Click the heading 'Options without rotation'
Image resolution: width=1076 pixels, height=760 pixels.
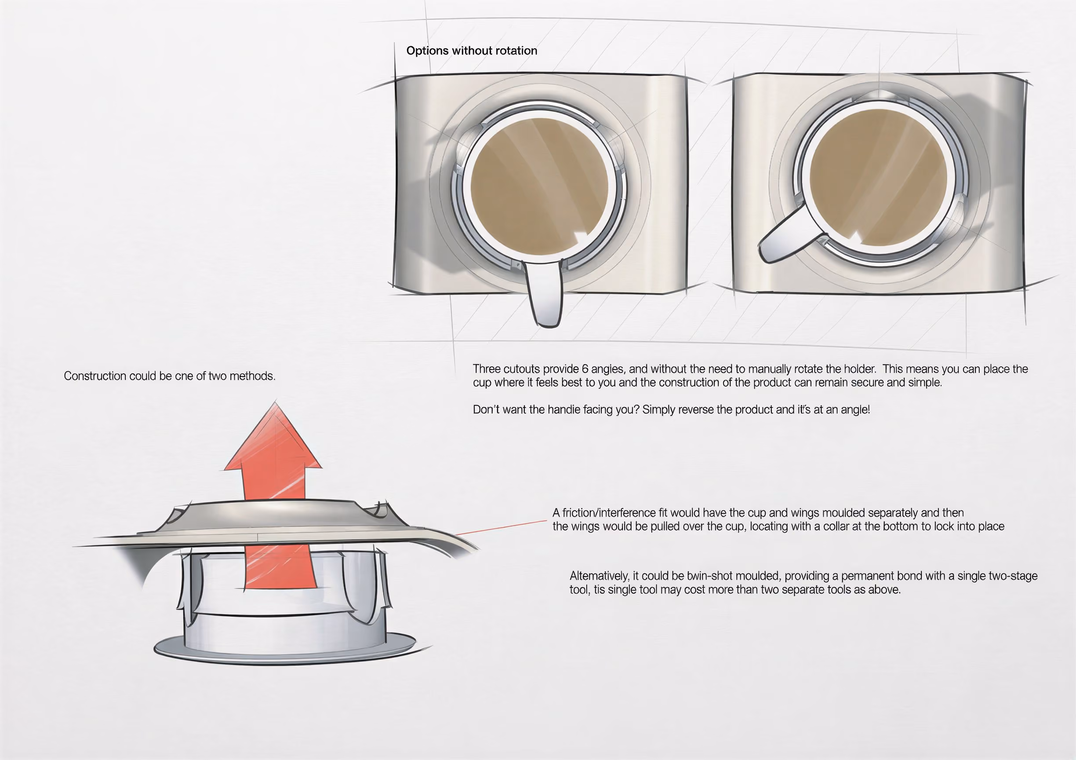tap(472, 51)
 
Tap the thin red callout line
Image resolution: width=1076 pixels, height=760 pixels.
tap(501, 527)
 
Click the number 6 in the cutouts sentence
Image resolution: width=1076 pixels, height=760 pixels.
tap(585, 369)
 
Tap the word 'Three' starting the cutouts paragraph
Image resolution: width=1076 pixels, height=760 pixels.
tap(487, 369)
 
